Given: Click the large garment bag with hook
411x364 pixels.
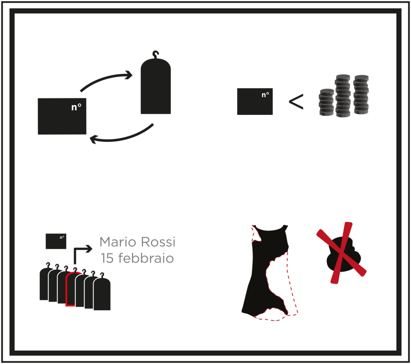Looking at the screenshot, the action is pyautogui.click(x=156, y=86).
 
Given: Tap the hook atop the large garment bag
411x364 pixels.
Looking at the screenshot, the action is pyautogui.click(x=156, y=55).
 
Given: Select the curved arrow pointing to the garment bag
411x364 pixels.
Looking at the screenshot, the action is pyautogui.click(x=106, y=78).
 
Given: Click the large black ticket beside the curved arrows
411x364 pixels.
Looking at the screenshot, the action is pyautogui.click(x=62, y=116).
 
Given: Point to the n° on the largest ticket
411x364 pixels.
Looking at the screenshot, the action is pyautogui.click(x=76, y=107).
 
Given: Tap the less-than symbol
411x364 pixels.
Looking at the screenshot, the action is pyautogui.click(x=296, y=102).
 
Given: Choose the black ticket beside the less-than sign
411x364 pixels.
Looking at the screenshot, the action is pyautogui.click(x=255, y=102).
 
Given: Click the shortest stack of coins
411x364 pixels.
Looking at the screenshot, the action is pyautogui.click(x=327, y=102).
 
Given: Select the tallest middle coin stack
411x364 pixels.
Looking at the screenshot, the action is pyautogui.click(x=343, y=96).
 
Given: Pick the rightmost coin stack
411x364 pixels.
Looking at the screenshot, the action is pyautogui.click(x=361, y=95).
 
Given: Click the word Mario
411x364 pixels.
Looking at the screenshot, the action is pyautogui.click(x=117, y=242).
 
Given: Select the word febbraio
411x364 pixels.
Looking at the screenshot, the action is pyautogui.click(x=146, y=258).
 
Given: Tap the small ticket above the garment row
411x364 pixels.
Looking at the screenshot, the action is pyautogui.click(x=56, y=241).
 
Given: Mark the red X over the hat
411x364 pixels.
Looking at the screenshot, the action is pyautogui.click(x=341, y=252).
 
